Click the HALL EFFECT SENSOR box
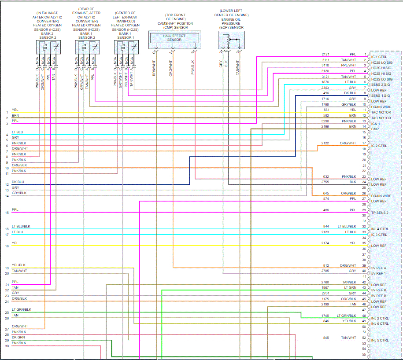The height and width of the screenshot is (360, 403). coord(174,38)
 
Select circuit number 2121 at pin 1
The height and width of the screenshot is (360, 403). coord(325,54)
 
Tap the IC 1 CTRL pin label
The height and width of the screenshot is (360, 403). coord(379,57)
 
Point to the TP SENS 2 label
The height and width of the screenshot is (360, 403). coord(380,213)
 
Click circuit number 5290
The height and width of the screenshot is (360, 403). coord(325,121)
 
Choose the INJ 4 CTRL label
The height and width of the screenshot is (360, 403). coord(380,229)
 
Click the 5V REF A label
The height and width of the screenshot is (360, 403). coord(379,268)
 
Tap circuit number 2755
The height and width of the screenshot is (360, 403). coord(325,182)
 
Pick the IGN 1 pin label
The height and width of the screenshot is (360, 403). coord(376,124)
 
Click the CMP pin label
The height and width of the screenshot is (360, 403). coord(375,129)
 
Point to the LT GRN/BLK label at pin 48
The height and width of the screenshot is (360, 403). coord(346,316)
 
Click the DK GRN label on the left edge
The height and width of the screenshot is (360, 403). coord(18,337)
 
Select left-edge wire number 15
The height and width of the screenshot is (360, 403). coord(7,213)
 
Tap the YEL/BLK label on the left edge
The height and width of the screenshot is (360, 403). coord(18,265)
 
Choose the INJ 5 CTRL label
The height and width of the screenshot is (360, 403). coord(380,340)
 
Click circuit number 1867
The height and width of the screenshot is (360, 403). coord(325,287)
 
